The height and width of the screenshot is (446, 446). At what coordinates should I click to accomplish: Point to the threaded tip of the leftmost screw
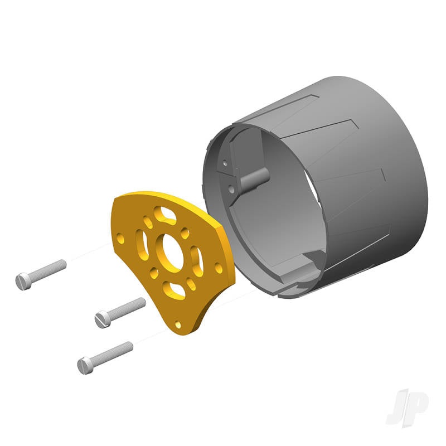(x=62, y=264)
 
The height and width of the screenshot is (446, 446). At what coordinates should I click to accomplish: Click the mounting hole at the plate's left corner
(x=120, y=239)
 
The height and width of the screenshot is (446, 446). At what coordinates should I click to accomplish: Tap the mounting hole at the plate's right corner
(x=219, y=268)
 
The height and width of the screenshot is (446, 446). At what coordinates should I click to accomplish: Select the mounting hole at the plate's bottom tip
(x=178, y=324)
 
